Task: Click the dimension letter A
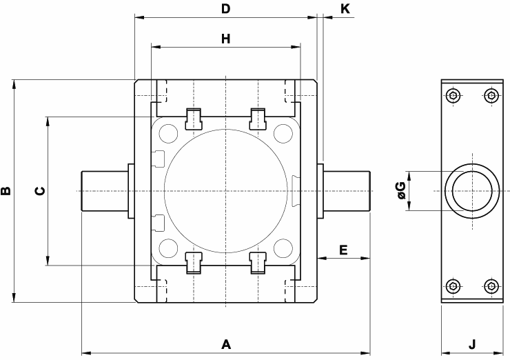coord(225,343)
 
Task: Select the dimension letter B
coord(6,191)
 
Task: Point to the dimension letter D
coord(225,9)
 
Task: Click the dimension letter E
coord(343,249)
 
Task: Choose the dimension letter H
coord(225,39)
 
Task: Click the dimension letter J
coord(472,343)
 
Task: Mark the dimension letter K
coord(345,9)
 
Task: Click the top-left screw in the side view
coord(452,96)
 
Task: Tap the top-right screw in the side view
coord(491,96)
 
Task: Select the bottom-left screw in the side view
coord(452,286)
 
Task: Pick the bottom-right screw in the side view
coord(491,286)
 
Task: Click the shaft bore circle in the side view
coord(472,191)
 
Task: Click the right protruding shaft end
coord(348,191)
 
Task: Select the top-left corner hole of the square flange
coord(167,132)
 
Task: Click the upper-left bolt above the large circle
coord(194,118)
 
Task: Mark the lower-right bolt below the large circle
coord(258,263)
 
